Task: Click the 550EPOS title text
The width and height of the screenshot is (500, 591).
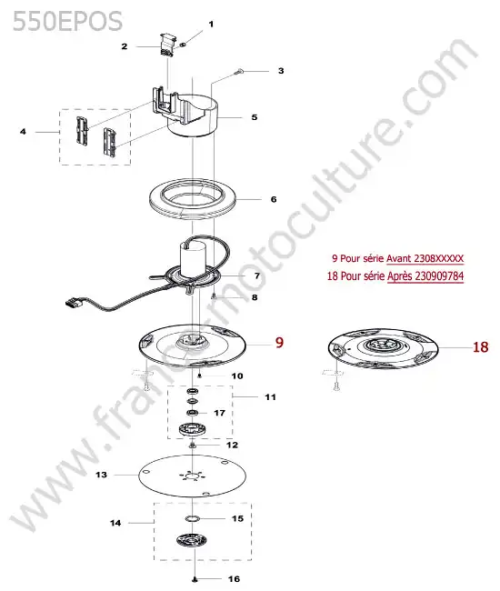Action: pos(68,21)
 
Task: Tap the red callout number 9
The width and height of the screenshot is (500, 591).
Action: pos(279,343)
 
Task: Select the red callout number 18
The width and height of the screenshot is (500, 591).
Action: pos(480,347)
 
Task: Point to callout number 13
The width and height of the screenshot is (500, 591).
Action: pos(101,475)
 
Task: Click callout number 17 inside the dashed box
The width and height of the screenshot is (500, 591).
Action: pos(220,413)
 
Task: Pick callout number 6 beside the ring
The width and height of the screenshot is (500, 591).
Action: pos(274,199)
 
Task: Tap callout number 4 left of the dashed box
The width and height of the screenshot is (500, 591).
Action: pos(23,132)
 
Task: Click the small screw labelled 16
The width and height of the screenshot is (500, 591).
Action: pos(195,579)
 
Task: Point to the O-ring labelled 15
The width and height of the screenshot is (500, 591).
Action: pos(192,518)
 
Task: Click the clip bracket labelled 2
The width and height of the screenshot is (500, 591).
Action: pos(166,45)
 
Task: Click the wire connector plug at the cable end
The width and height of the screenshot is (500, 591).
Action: pos(75,302)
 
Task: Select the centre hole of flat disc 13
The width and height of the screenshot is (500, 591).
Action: pos(192,476)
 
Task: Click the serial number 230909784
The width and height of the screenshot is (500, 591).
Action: pos(439,275)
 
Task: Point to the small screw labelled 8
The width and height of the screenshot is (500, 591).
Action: pos(214,297)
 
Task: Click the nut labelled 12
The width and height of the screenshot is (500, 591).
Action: pos(192,446)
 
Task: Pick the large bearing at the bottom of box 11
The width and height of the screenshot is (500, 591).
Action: pos(192,429)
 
